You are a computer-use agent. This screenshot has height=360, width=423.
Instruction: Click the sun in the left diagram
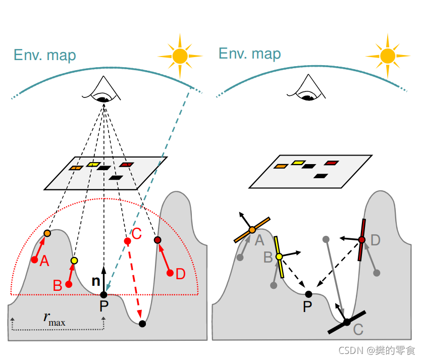[180, 55]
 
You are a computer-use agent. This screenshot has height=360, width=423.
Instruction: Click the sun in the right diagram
[388, 55]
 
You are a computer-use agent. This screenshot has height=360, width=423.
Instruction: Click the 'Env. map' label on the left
[45, 55]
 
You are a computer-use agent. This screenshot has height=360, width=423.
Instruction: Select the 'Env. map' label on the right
[250, 53]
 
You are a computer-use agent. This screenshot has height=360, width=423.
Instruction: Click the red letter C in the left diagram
[136, 233]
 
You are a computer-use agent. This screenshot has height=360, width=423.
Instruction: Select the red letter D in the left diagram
[180, 274]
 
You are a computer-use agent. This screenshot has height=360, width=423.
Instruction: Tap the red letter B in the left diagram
[58, 285]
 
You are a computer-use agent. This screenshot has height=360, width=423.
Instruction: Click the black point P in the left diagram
[103, 294]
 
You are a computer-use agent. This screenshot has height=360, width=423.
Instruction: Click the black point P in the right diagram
[308, 294]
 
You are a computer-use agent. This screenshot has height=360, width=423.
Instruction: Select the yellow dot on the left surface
[74, 261]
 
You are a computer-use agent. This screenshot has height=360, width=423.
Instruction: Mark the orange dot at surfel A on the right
[252, 230]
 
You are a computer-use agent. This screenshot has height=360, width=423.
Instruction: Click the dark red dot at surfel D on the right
[361, 239]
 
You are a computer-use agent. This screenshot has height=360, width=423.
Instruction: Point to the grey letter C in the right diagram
[358, 330]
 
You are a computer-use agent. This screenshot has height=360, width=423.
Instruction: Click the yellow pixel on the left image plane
[92, 164]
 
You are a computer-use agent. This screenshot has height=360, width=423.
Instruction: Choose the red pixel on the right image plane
[331, 163]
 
